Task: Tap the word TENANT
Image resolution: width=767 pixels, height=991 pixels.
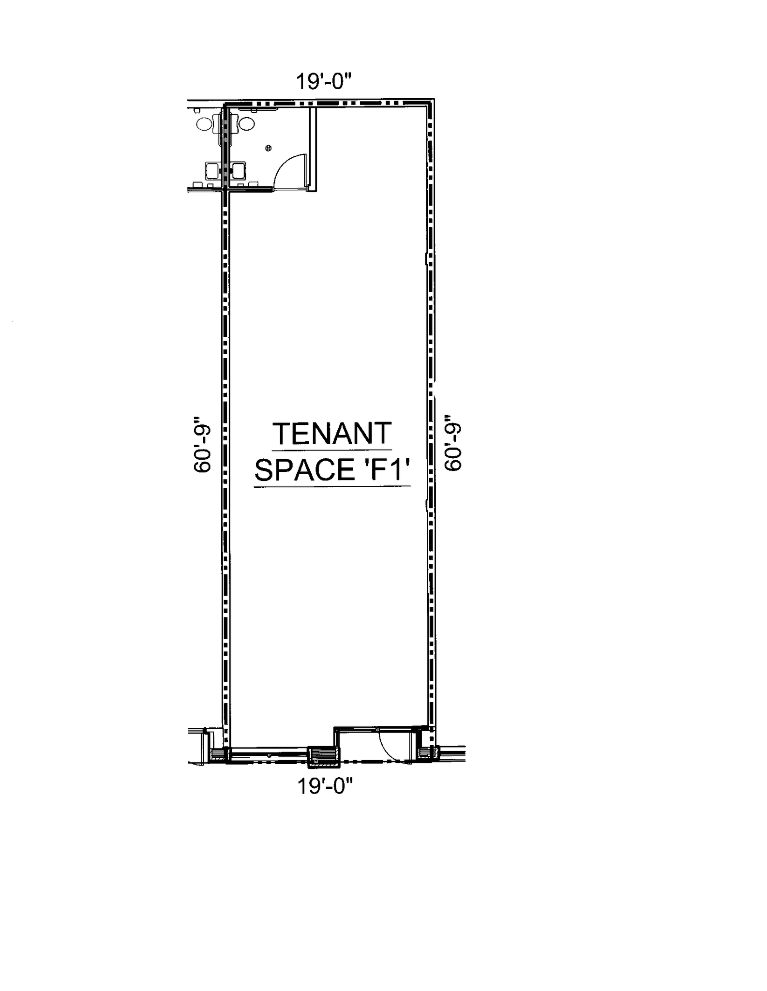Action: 332,433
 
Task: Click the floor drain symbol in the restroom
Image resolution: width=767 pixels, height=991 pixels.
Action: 269,148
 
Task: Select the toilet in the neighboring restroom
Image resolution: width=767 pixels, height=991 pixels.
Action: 205,124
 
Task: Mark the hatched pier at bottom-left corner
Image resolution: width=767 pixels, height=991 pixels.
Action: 218,754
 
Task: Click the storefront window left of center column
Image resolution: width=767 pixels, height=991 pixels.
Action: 269,754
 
